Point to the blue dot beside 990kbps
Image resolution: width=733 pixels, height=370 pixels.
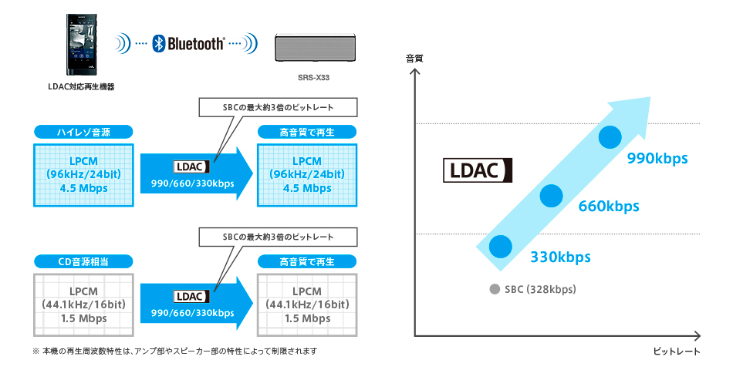click(610, 136)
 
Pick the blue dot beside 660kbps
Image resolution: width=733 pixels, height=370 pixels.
click(551, 196)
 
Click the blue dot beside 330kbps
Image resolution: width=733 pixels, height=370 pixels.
click(500, 247)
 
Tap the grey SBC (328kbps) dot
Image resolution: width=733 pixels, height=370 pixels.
click(494, 290)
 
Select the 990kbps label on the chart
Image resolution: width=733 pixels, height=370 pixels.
click(657, 159)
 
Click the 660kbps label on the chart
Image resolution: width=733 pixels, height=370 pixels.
click(609, 207)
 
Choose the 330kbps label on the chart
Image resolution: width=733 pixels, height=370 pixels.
click(560, 257)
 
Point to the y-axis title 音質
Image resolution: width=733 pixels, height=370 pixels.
click(415, 59)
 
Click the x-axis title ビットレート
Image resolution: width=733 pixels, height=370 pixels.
click(676, 351)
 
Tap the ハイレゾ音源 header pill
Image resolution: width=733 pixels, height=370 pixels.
click(83, 132)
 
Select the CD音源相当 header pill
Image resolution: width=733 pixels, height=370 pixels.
click(83, 262)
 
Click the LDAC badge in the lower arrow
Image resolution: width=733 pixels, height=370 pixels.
click(189, 296)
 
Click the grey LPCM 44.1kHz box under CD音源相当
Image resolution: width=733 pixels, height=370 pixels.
click(83, 304)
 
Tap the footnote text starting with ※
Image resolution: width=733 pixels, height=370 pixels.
click(174, 351)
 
